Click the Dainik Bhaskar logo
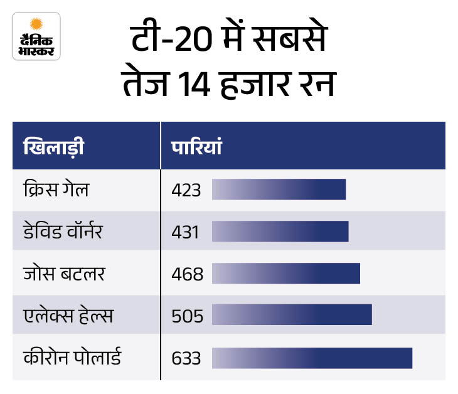coord(36,36)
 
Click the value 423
coord(186,190)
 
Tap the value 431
coord(185,232)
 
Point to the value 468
coord(186,274)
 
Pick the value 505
coord(186,316)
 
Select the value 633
coord(186,358)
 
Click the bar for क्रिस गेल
coord(279,189)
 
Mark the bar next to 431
coord(280,232)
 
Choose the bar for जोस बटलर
coord(286,274)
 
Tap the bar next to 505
coord(292,315)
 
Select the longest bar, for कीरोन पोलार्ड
coord(312,358)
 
